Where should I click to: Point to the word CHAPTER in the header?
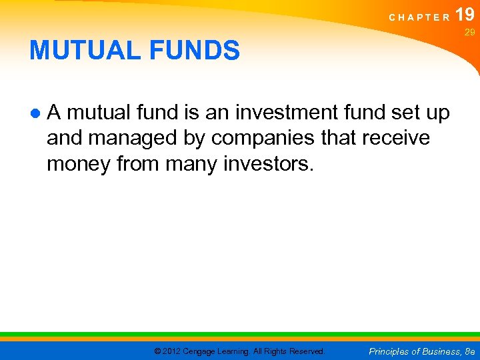[420, 18]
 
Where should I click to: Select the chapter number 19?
[465, 15]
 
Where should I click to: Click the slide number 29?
[469, 32]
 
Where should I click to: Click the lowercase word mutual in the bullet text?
[97, 113]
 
